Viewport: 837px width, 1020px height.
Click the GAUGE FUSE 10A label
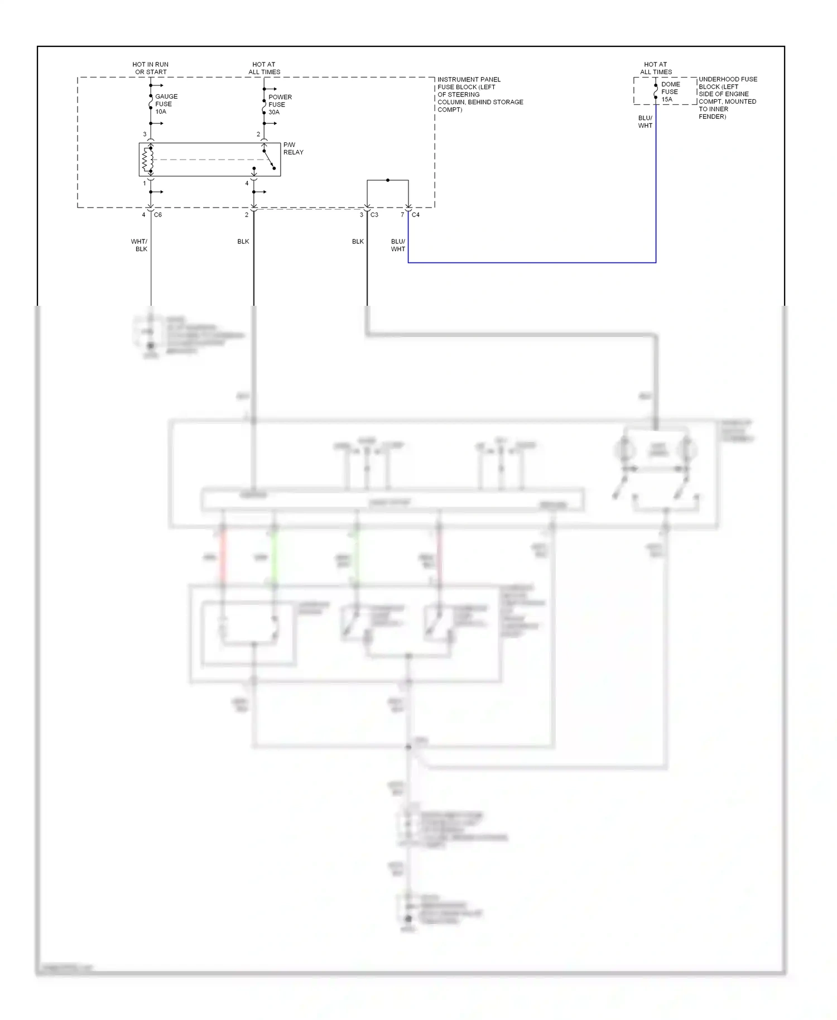tap(166, 104)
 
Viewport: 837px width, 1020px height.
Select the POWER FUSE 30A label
tap(280, 104)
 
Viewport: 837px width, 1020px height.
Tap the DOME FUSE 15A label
tap(670, 92)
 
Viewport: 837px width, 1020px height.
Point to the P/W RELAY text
tap(293, 148)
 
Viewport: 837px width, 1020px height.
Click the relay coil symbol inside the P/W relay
tap(147, 160)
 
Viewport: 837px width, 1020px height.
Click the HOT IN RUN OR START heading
tap(151, 68)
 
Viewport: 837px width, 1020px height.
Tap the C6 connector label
tap(158, 215)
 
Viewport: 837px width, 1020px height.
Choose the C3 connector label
tap(374, 215)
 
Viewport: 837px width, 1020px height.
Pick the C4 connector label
tap(416, 215)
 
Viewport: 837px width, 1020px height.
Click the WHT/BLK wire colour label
tap(139, 246)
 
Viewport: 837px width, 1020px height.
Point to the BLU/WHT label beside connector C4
tap(398, 246)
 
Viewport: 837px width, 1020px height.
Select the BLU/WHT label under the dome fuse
tap(645, 122)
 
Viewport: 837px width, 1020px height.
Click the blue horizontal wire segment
tap(530, 262)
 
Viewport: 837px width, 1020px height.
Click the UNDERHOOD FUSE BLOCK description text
tap(727, 98)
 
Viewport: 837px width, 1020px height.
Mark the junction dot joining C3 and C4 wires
tap(388, 180)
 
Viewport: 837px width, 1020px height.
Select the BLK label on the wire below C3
tap(358, 242)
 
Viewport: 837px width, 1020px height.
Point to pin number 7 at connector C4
tap(402, 215)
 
